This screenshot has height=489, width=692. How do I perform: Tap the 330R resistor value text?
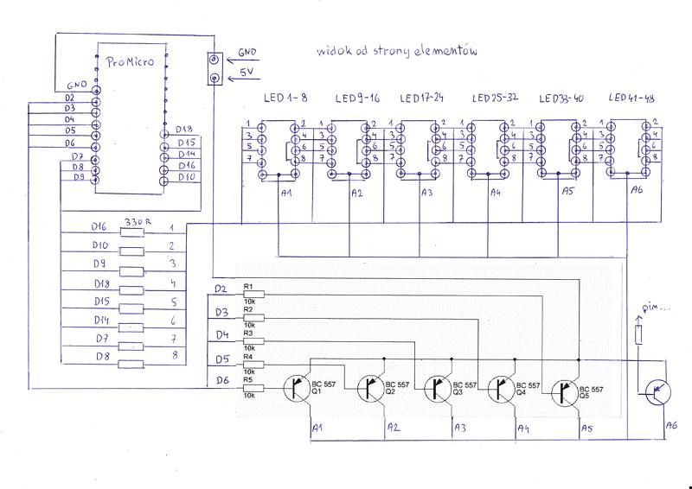pos(138,222)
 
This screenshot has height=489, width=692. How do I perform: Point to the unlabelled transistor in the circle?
pos(658,394)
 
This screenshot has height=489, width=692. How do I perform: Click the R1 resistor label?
pos(248,285)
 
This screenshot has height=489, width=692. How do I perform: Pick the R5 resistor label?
pos(248,379)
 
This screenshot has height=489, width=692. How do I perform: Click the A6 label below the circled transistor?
pos(671,425)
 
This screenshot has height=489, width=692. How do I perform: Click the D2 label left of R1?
pos(221,287)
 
